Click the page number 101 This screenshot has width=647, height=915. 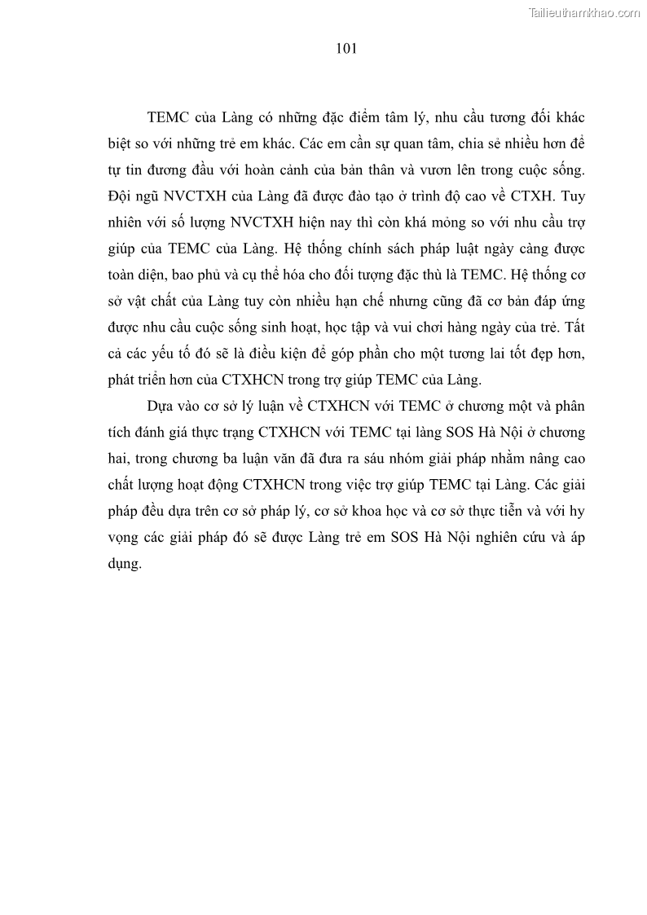click(346, 49)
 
